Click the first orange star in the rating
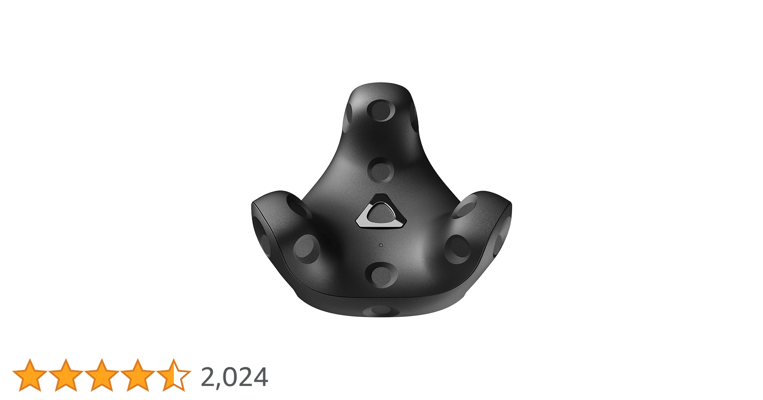[x=30, y=375]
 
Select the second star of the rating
[x=66, y=375]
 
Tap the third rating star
[x=101, y=375]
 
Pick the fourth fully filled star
[x=137, y=375]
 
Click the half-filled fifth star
[x=173, y=375]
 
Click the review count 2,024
[x=234, y=377]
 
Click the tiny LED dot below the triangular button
[x=381, y=245]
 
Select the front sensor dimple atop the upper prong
[x=380, y=110]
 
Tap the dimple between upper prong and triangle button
[x=380, y=170]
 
